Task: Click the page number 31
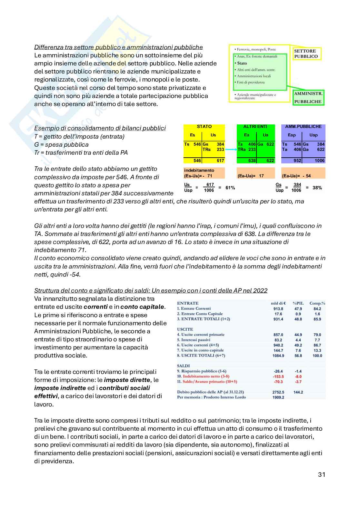click(321, 474)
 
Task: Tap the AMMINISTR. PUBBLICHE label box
click(308, 97)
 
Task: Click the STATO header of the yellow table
click(204, 127)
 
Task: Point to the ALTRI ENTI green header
click(255, 127)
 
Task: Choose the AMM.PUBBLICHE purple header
click(303, 127)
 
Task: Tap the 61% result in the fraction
click(230, 188)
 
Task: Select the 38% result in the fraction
click(317, 188)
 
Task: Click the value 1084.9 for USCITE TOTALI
click(278, 356)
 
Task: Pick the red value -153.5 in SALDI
click(278, 377)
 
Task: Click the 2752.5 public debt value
click(278, 392)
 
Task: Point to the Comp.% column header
click(317, 303)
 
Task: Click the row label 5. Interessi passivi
click(193, 340)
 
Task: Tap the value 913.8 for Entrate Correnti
click(278, 308)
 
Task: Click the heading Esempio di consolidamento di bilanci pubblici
click(100, 128)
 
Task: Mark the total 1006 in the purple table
click(319, 161)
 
